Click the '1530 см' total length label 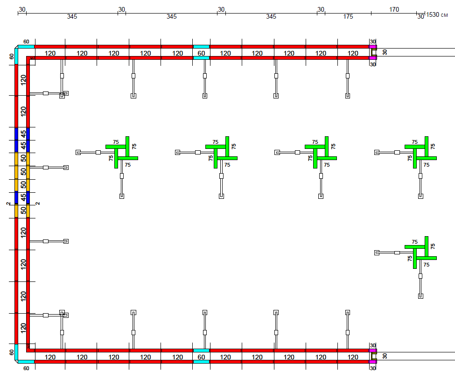click(437, 14)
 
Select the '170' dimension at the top click(394, 10)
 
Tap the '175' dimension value click(348, 16)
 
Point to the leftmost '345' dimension click(72, 16)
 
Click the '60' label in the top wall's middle click(201, 53)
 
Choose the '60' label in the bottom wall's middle click(201, 357)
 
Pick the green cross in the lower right click(420, 253)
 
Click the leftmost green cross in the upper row click(122, 152)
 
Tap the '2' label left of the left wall click(8, 204)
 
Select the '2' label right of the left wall click(37, 204)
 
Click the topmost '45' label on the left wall click(23, 134)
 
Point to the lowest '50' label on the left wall click(23, 211)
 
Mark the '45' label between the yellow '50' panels click(23, 198)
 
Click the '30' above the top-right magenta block click(373, 42)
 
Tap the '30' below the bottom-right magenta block click(373, 368)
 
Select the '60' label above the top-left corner click(26, 42)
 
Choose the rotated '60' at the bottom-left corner click(11, 352)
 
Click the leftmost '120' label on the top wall click(50, 53)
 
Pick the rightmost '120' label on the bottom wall click(353, 357)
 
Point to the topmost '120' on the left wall click(23, 79)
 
